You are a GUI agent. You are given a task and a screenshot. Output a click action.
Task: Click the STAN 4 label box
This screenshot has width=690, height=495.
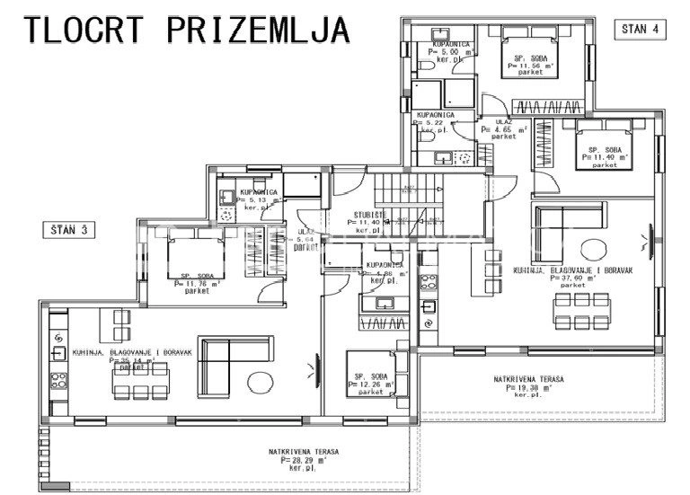coord(641,29)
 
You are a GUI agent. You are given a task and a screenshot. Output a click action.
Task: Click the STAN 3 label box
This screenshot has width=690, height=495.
coord(68,229)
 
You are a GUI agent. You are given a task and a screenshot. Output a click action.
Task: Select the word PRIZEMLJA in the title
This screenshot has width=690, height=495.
coord(258,28)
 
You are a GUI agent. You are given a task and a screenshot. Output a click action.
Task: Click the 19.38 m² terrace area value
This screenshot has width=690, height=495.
coord(529,386)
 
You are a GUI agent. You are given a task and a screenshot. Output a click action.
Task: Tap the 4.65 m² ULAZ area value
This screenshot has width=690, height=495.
coord(500,128)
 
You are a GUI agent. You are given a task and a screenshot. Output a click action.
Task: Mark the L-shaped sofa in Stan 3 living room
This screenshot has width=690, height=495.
coord(217,360)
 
